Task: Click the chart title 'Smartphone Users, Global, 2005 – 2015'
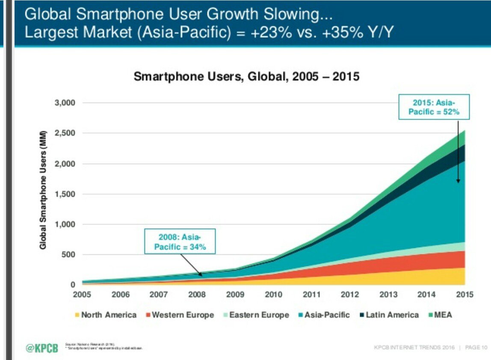(x=246, y=77)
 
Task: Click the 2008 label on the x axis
(x=197, y=295)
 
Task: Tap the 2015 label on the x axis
(x=464, y=295)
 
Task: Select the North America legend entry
(x=106, y=315)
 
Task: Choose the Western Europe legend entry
(x=180, y=315)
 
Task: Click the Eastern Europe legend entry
(x=256, y=315)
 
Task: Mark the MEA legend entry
(x=441, y=315)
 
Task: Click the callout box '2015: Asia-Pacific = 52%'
(x=434, y=107)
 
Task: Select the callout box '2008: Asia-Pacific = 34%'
(x=180, y=242)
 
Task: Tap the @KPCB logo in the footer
(x=41, y=347)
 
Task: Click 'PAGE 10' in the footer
(x=475, y=347)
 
